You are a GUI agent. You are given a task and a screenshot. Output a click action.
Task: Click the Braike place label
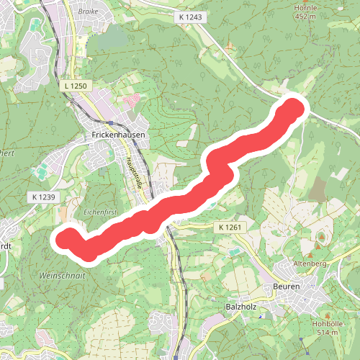(89, 11)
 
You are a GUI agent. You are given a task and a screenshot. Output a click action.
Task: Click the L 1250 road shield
(75, 86)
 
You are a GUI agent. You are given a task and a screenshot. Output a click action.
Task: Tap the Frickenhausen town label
(119, 135)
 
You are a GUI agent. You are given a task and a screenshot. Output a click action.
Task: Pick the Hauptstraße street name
(135, 174)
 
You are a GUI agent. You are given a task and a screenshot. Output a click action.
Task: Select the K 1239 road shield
(43, 197)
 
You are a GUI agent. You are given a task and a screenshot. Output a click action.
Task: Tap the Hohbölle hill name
(327, 323)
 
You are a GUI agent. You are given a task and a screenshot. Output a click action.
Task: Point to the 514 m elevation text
(327, 333)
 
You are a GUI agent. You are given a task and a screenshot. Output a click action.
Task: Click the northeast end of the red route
(294, 109)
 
